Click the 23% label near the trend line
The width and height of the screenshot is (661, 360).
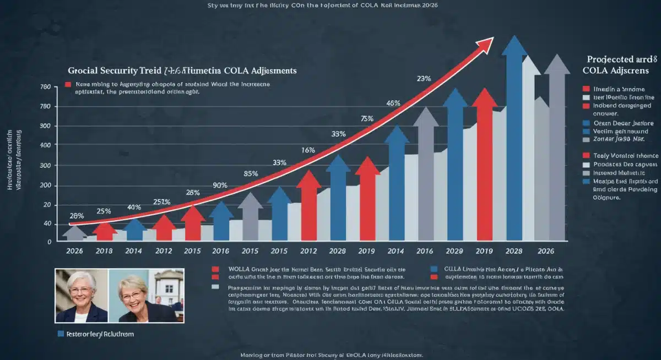coord(424,79)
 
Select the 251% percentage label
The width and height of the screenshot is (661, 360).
coord(161,202)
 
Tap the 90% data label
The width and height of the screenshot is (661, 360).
coord(220,186)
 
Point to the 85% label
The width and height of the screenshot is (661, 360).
coord(251,173)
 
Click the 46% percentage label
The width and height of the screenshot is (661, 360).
coord(393,103)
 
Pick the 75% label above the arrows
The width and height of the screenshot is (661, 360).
coord(367,118)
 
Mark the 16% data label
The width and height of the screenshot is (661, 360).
coord(308,150)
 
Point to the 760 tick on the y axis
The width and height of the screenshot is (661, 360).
coord(46,88)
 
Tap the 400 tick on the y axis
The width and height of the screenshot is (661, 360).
coord(46,146)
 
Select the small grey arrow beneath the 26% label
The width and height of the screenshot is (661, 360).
coord(74,232)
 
